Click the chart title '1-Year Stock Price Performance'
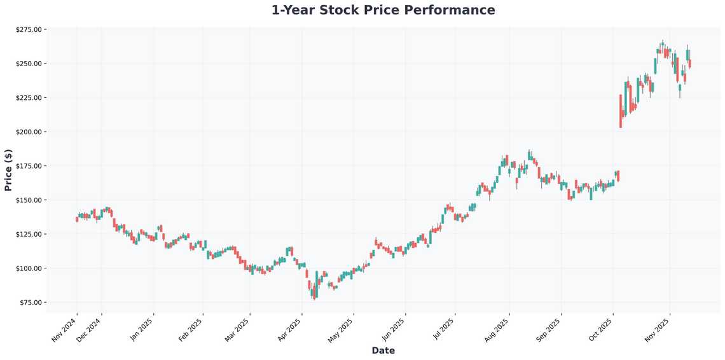point(383,10)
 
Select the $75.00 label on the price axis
point(29,302)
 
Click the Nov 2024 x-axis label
point(63,330)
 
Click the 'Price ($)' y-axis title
point(8,170)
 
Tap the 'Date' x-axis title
point(383,350)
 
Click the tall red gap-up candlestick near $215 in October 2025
point(620,111)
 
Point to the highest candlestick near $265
point(662,45)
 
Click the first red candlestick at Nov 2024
point(77,219)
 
